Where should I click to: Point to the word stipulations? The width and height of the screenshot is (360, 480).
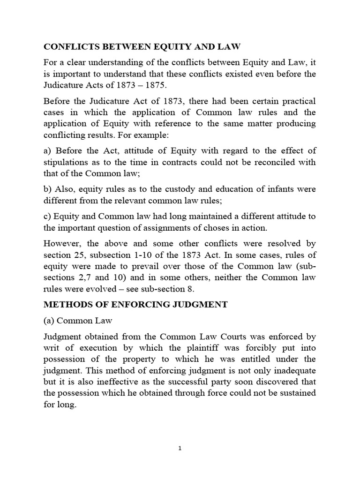(x=67, y=163)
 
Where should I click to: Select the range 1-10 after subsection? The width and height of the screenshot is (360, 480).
(x=136, y=255)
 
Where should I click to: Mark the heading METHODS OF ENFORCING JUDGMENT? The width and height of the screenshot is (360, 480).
(x=135, y=304)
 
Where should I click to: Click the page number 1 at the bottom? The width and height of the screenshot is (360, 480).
(x=180, y=448)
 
